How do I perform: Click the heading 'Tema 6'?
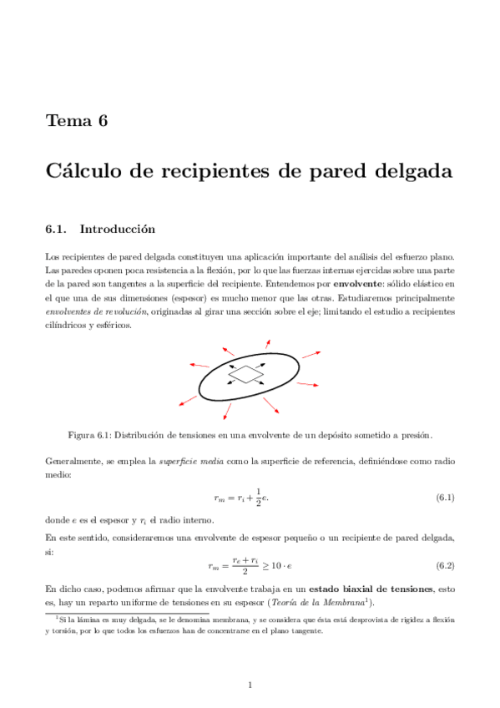click(77, 121)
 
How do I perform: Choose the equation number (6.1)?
click(445, 498)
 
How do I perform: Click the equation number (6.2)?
click(445, 566)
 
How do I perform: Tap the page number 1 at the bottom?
click(250, 685)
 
